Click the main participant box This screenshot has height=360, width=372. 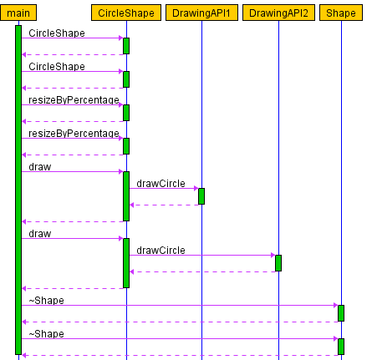[x=18, y=13]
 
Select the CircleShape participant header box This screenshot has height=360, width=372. [x=126, y=13]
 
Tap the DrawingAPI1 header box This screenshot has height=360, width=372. [x=201, y=13]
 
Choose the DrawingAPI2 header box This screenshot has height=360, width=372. [x=278, y=13]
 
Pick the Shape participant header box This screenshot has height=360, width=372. [x=341, y=13]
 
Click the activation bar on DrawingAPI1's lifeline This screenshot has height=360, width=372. [x=201, y=196]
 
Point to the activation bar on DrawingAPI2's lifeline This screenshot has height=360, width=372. [x=278, y=263]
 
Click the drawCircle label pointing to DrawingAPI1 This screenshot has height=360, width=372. [x=161, y=184]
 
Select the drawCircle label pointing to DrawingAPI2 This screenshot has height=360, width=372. [x=161, y=251]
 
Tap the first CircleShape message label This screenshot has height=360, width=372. [x=57, y=33]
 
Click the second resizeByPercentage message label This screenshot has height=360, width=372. [x=74, y=134]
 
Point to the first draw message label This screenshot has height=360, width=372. [x=40, y=167]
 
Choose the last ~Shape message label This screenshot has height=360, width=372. [x=47, y=334]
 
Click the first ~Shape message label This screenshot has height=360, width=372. [x=47, y=301]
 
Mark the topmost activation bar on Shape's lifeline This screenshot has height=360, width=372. [x=341, y=313]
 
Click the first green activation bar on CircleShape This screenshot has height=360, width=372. [x=126, y=46]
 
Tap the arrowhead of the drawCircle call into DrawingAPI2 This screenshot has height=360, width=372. [x=273, y=255]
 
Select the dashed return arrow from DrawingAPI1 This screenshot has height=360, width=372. [x=165, y=205]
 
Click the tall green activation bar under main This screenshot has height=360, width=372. [x=18, y=190]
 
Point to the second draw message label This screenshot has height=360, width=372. [x=40, y=234]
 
